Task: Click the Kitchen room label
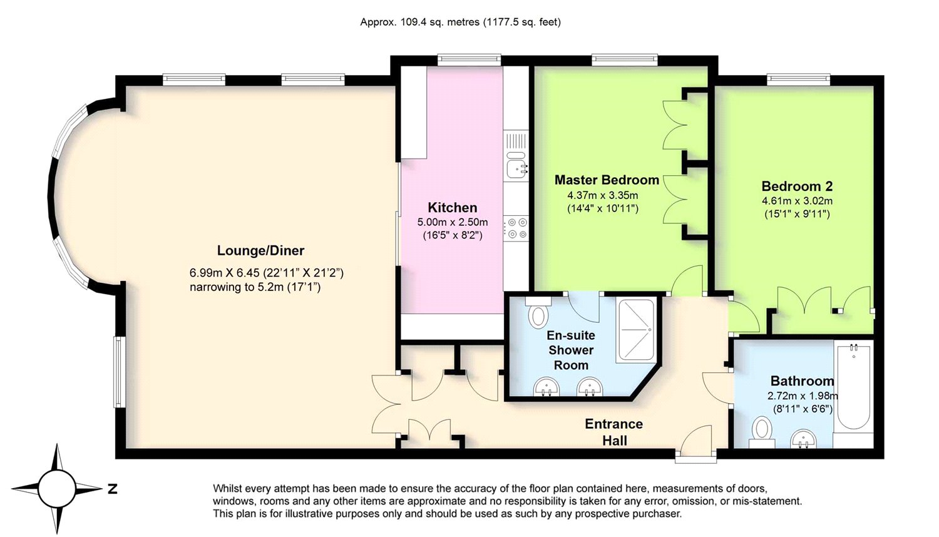click(453, 208)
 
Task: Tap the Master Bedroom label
click(607, 180)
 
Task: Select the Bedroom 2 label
click(797, 186)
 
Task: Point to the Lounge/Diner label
click(260, 251)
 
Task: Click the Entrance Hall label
click(614, 432)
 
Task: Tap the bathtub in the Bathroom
click(853, 385)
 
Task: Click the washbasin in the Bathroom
click(804, 440)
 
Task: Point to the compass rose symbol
click(57, 489)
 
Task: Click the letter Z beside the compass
click(112, 489)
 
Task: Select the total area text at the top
click(460, 22)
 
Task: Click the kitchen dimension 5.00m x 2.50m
click(453, 222)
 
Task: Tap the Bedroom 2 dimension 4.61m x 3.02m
click(797, 201)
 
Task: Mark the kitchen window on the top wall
click(469, 60)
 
